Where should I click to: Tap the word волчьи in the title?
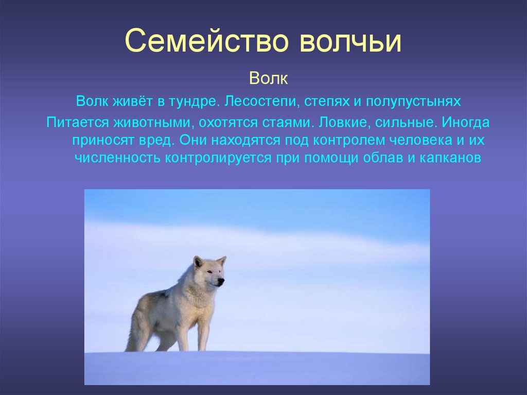350,41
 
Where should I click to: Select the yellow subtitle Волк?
269,78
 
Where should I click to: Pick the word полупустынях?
413,101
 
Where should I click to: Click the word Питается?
77,122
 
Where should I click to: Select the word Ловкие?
344,122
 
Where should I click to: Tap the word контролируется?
218,158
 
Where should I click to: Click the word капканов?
450,158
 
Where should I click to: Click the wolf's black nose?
221,281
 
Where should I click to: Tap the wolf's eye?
210,271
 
